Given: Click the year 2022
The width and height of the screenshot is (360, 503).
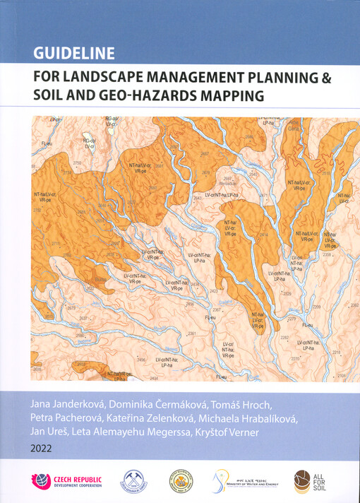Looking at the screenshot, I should pos(42,448).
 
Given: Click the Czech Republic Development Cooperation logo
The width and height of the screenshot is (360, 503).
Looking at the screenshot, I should pos(66,481).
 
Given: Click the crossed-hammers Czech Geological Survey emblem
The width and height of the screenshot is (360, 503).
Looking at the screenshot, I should pos(133,481).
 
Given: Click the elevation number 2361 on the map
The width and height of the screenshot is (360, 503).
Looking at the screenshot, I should pos(191,333).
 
